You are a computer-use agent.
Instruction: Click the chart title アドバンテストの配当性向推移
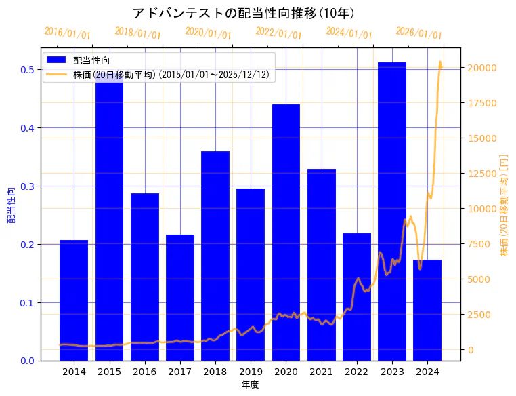pos(243,13)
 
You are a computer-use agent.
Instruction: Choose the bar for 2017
pos(180,298)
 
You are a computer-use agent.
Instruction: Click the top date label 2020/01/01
pos(208,33)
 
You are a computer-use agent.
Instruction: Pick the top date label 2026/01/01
pos(418,33)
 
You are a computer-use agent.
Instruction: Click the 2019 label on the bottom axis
pos(251,372)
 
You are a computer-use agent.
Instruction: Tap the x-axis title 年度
pos(250,384)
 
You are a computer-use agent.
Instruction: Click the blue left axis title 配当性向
pos(11,205)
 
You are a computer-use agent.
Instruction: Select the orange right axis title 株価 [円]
pos(504,205)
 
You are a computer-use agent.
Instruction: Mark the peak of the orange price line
pos(439,62)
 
